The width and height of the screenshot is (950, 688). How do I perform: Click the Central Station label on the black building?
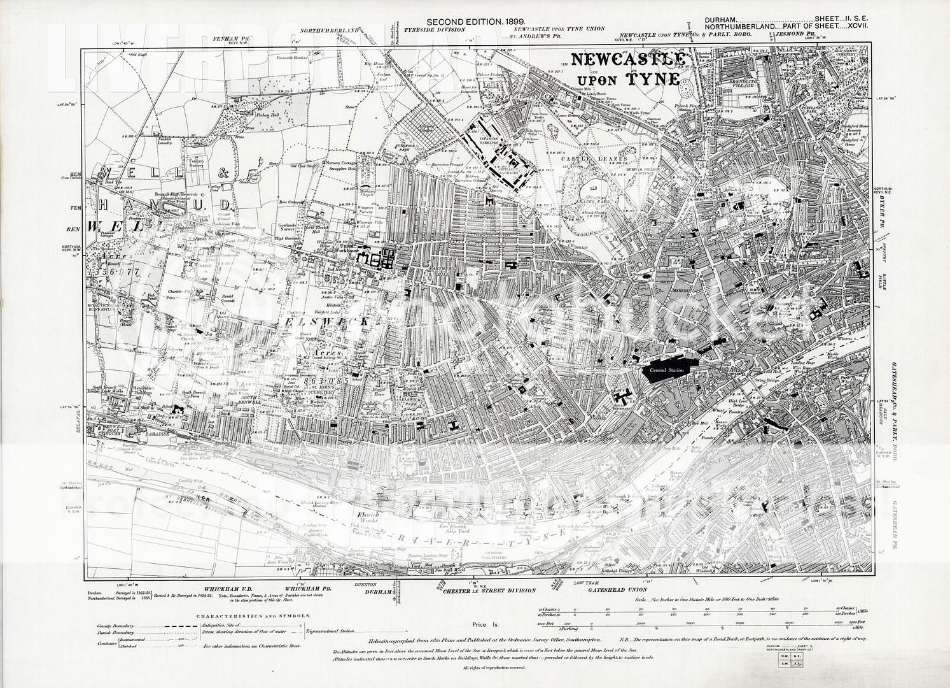pos(666,369)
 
